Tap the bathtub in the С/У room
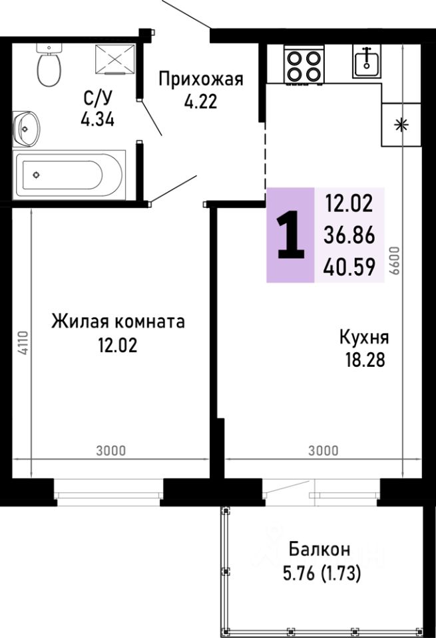point(69,175)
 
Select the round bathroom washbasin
point(27,127)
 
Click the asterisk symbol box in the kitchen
point(401,125)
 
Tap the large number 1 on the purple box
point(290,236)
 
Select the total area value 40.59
point(349,267)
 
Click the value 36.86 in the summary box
point(349,234)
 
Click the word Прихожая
point(200,80)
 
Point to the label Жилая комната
point(118,322)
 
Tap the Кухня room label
point(364,338)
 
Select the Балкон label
point(320,550)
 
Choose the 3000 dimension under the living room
point(110,451)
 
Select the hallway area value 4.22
point(200,102)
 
